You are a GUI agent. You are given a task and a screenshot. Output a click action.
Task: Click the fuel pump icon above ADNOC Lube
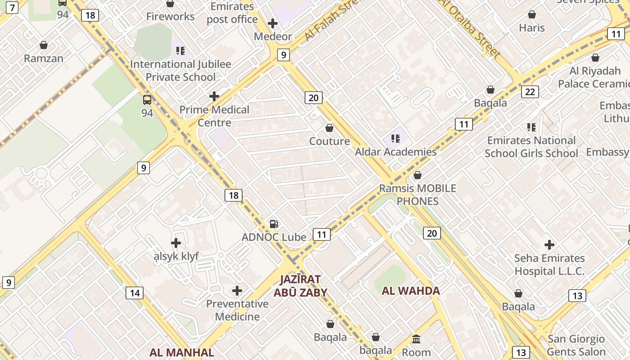(x=274, y=224)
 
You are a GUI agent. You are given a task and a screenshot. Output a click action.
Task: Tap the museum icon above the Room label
(x=416, y=339)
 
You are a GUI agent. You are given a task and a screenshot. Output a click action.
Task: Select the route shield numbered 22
(x=530, y=92)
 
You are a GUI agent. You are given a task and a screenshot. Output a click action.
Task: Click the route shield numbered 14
(x=135, y=293)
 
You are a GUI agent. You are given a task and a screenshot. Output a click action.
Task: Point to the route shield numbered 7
(x=12, y=7)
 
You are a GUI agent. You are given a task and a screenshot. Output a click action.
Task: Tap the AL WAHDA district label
(x=411, y=291)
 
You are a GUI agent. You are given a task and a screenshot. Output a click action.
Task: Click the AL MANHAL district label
(x=182, y=352)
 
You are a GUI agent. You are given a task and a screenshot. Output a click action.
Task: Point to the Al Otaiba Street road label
(x=471, y=28)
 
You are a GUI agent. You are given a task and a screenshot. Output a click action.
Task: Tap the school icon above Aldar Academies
(x=396, y=139)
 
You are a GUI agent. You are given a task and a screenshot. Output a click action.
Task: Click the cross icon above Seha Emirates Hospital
(x=549, y=245)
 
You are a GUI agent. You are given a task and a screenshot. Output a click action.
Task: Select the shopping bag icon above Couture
(x=329, y=128)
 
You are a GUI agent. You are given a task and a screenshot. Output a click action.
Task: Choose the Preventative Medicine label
(x=237, y=310)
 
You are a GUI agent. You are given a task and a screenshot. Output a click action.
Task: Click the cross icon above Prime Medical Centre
(x=214, y=96)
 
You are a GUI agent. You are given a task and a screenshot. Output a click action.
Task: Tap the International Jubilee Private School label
(x=180, y=71)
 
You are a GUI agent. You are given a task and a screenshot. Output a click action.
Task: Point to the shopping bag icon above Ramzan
(x=44, y=45)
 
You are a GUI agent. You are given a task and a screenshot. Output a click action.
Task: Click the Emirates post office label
(x=232, y=13)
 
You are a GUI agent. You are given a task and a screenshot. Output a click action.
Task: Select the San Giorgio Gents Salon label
(x=576, y=345)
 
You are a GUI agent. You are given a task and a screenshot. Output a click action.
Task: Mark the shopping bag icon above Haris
(x=532, y=14)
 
